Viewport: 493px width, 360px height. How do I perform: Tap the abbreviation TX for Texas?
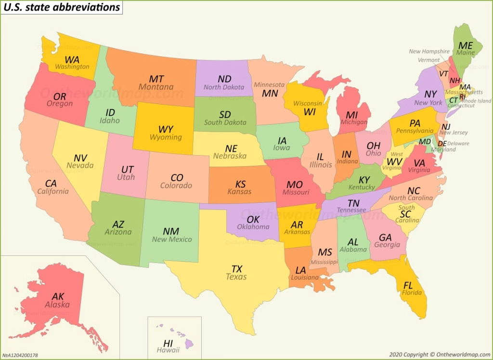(236, 268)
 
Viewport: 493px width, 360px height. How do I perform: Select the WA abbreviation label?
(72, 59)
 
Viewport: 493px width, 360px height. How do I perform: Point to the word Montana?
(156, 87)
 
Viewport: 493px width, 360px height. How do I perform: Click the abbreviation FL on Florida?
(408, 285)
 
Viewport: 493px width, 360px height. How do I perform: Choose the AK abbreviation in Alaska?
(57, 296)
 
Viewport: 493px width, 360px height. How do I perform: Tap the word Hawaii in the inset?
(168, 350)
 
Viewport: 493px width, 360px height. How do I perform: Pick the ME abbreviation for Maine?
(466, 45)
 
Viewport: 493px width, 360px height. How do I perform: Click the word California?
(53, 191)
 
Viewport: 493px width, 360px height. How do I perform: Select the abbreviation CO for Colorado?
(177, 177)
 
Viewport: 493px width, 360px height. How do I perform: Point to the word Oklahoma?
(253, 227)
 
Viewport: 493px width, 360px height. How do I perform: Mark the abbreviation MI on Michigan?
(352, 115)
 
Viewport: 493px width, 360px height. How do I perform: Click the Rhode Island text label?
(477, 101)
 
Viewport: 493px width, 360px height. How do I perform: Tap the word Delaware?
(458, 144)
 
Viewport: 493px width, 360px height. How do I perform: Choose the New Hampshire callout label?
(429, 52)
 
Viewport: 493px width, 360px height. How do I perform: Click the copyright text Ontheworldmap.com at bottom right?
(463, 355)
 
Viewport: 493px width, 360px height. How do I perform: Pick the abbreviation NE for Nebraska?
(231, 148)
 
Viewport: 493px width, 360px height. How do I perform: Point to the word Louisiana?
(304, 278)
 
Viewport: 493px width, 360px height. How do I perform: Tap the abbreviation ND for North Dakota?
(224, 79)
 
